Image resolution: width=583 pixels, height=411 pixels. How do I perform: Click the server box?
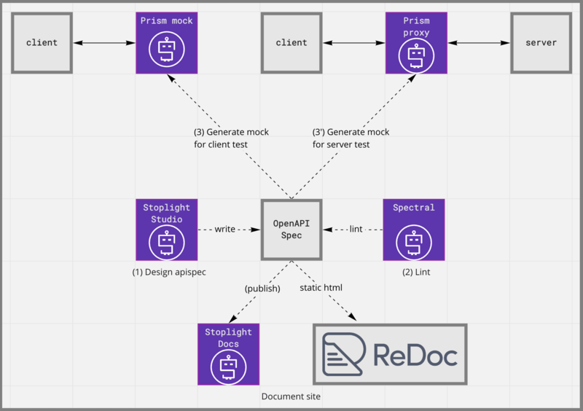pyautogui.click(x=541, y=43)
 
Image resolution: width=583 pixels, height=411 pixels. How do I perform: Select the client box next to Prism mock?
pyautogui.click(x=42, y=43)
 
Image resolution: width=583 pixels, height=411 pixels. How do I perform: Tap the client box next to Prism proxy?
pyautogui.click(x=291, y=43)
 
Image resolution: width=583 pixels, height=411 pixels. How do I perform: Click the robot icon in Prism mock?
pyautogui.click(x=166, y=50)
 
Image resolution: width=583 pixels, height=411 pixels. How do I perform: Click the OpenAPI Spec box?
pyautogui.click(x=291, y=230)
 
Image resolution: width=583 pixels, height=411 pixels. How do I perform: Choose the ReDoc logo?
pyautogui.click(x=390, y=354)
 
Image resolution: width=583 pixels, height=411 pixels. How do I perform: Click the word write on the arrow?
pyautogui.click(x=225, y=230)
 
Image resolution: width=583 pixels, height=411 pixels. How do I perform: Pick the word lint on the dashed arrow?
pyautogui.click(x=356, y=230)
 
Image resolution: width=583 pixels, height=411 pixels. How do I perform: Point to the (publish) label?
pyautogui.click(x=262, y=288)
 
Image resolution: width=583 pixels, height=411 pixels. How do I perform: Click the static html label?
pyautogui.click(x=321, y=288)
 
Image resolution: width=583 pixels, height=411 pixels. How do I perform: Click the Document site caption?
pyautogui.click(x=291, y=396)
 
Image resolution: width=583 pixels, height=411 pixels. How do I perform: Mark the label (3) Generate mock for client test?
pyautogui.click(x=231, y=138)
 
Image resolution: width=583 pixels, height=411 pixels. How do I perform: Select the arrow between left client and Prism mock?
pyautogui.click(x=104, y=43)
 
